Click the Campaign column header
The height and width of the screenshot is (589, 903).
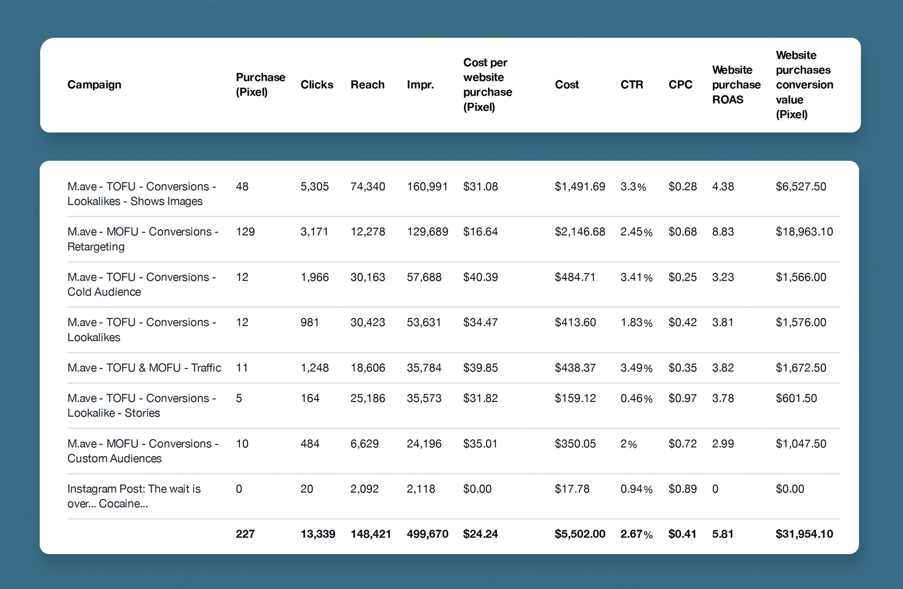click(94, 85)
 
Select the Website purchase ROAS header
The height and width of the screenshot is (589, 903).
click(736, 85)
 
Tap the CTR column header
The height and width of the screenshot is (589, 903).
click(631, 85)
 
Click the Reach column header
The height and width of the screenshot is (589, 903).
click(367, 85)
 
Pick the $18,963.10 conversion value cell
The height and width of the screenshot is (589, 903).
click(804, 232)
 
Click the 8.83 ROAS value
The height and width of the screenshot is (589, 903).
click(723, 232)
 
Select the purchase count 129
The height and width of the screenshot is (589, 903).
click(245, 232)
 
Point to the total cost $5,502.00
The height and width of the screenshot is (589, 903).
click(580, 534)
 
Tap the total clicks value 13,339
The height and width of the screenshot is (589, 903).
click(318, 534)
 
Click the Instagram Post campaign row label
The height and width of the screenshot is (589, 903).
click(134, 496)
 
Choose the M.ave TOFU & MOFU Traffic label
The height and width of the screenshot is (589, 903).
click(144, 368)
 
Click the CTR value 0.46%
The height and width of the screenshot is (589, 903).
click(636, 399)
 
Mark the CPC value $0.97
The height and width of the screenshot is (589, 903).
click(683, 399)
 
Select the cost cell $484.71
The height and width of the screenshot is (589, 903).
click(575, 278)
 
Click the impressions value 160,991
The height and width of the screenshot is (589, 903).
click(427, 187)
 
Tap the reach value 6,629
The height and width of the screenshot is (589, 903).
click(364, 444)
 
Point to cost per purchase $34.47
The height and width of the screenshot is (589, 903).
click(480, 322)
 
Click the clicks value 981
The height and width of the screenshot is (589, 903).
click(309, 322)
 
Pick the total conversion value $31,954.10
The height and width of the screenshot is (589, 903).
click(804, 534)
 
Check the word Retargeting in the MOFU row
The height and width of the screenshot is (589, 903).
click(96, 247)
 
